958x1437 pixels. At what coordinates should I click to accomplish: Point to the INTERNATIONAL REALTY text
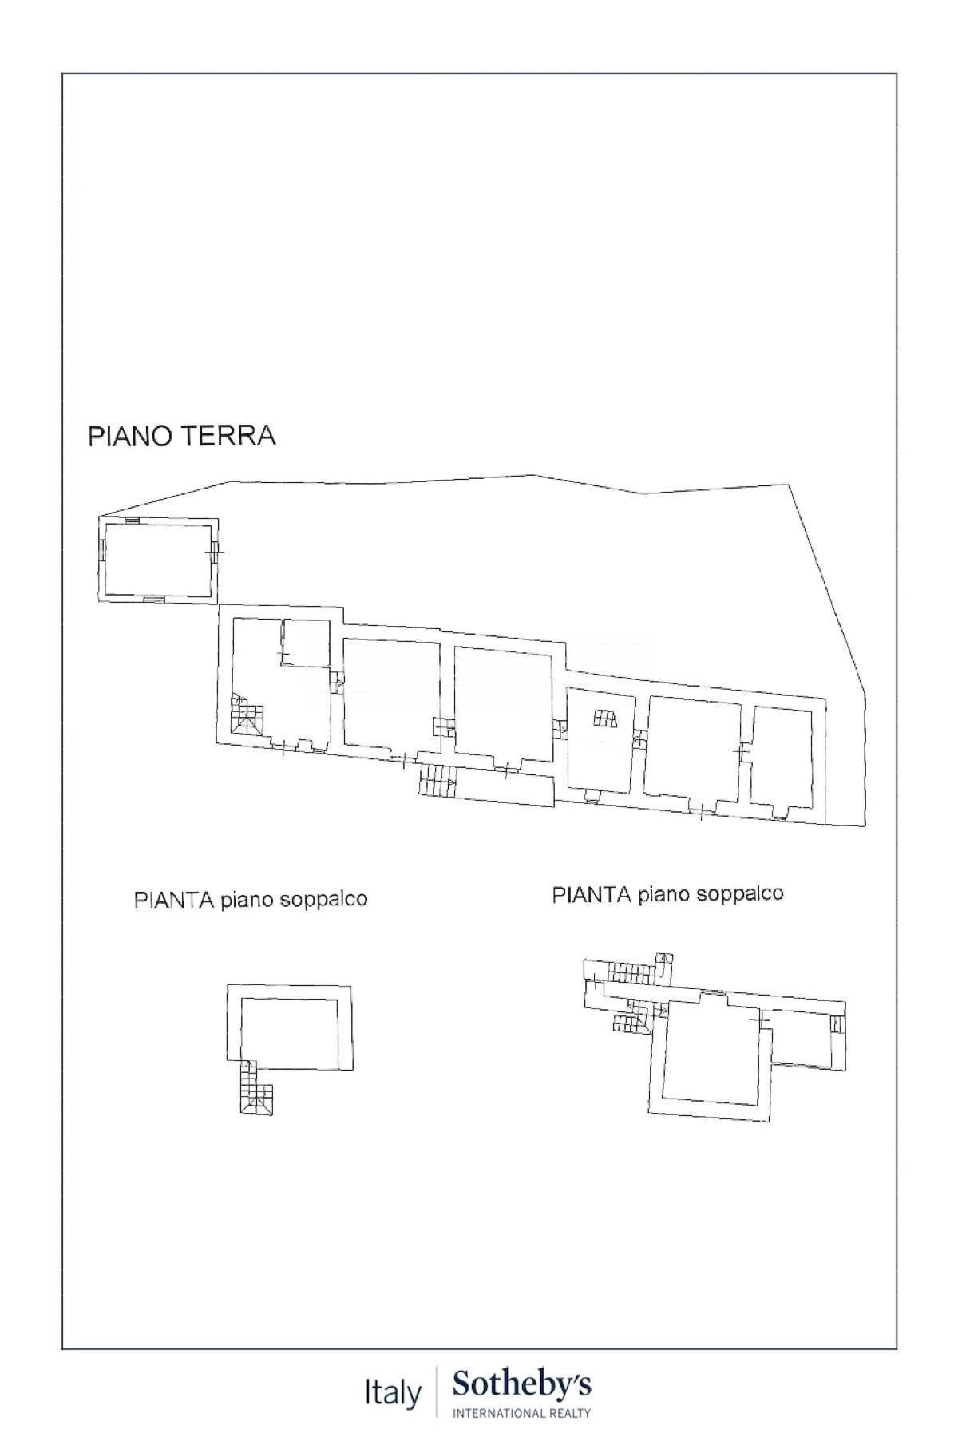click(x=522, y=1413)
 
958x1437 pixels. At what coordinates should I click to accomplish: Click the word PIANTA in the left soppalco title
click(x=174, y=900)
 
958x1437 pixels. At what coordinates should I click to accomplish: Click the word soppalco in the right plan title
click(x=739, y=893)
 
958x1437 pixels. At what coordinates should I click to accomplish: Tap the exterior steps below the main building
click(x=437, y=780)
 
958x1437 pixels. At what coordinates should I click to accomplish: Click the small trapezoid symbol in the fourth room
click(x=605, y=718)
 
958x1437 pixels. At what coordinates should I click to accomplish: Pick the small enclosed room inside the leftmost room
click(x=307, y=643)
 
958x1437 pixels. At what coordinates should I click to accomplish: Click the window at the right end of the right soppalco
click(x=837, y=1023)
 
